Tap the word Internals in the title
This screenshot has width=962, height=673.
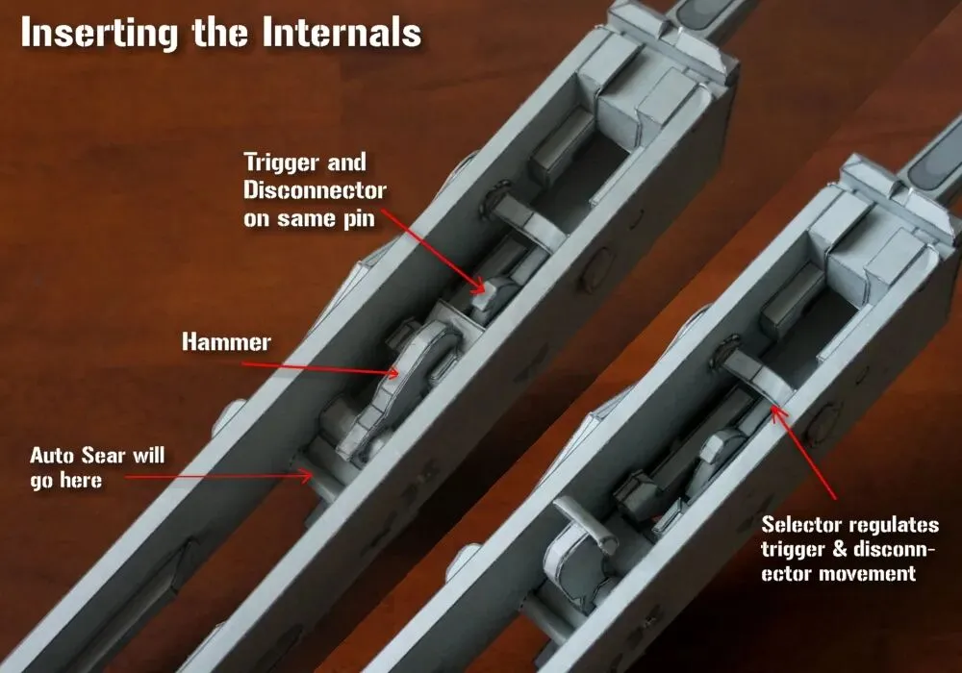pos(342,32)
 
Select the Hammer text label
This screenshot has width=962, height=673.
pos(226,342)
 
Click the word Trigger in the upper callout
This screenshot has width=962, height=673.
pos(282,163)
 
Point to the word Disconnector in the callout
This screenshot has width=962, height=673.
pos(315,190)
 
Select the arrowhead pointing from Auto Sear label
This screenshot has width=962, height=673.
pos(308,476)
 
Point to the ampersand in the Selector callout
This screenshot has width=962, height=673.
pos(841,549)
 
